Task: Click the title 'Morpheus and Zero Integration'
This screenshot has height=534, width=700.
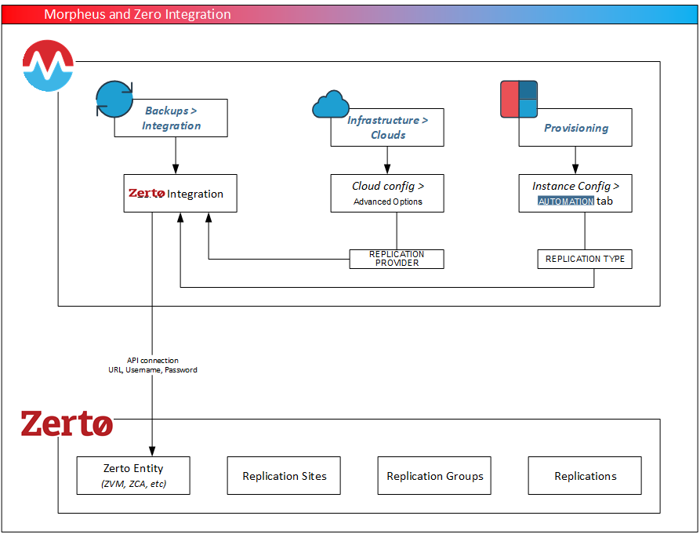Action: pyautogui.click(x=137, y=14)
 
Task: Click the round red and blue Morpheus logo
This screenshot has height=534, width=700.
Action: pyautogui.click(x=48, y=67)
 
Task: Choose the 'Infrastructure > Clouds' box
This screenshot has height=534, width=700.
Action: pyautogui.click(x=387, y=128)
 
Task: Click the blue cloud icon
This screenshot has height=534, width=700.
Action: pyautogui.click(x=330, y=105)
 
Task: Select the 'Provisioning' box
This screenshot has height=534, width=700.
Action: pyautogui.click(x=575, y=128)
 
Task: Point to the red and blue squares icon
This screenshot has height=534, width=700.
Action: pyautogui.click(x=519, y=99)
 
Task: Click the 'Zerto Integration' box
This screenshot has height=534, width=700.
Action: pyautogui.click(x=180, y=194)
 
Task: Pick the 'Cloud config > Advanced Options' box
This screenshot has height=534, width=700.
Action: pyautogui.click(x=387, y=193)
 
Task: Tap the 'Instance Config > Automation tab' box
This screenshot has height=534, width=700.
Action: pyautogui.click(x=575, y=193)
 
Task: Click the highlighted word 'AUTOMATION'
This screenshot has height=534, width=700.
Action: pyautogui.click(x=566, y=202)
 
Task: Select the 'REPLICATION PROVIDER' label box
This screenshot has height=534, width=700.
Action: pyautogui.click(x=397, y=259)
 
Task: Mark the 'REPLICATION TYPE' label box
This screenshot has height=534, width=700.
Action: pyautogui.click(x=585, y=259)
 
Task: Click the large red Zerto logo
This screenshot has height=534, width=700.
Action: pyautogui.click(x=67, y=423)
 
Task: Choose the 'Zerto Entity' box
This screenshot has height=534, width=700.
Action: pyautogui.click(x=133, y=476)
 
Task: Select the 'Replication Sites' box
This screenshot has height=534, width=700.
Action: pyautogui.click(x=284, y=476)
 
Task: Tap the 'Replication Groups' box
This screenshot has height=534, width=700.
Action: pyautogui.click(x=434, y=476)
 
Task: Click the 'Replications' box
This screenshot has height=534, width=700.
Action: pyautogui.click(x=585, y=476)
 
